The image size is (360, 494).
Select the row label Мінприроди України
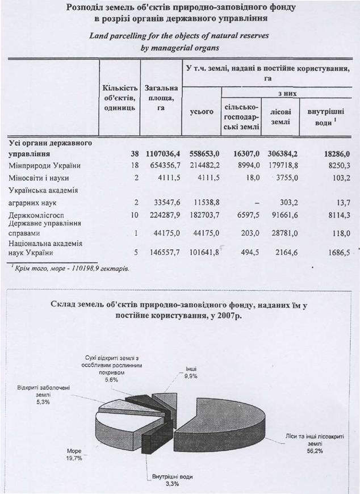click(44, 165)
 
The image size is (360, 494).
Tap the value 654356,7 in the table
click(162, 165)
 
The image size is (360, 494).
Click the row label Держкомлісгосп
click(36, 216)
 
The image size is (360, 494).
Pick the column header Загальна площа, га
click(161, 98)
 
